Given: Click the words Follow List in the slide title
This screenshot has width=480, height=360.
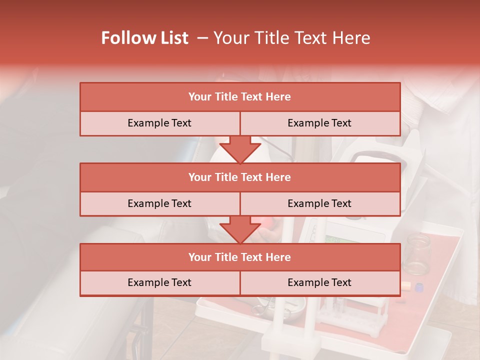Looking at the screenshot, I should point(144,38).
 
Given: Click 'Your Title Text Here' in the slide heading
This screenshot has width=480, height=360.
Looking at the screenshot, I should point(292,38).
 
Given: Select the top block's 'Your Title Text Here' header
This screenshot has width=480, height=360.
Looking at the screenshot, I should point(239,97).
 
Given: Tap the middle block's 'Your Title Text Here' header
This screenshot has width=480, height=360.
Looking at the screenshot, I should point(239,177).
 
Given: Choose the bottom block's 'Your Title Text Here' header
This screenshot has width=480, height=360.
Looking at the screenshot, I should point(239,257).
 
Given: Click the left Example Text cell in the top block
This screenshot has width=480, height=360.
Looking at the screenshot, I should point(159,123).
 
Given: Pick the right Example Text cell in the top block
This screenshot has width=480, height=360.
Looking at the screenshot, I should point(319,123).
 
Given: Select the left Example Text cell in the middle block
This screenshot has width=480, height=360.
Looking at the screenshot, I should point(159,203).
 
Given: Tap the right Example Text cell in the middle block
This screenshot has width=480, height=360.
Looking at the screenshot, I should point(319,203).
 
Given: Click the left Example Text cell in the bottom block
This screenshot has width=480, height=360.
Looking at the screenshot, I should point(159,282).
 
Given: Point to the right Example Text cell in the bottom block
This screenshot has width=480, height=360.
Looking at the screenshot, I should point(319,282).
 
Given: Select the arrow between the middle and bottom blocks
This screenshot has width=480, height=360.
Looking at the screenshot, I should point(240,229).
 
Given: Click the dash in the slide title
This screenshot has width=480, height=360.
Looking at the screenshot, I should point(202,38).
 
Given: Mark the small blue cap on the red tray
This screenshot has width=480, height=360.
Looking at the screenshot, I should point(418,287).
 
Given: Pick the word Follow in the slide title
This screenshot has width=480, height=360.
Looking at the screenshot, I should point(125,38).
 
